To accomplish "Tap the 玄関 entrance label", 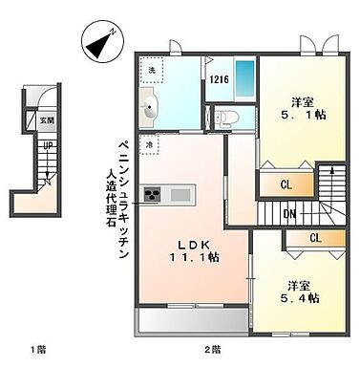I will (x=47, y=120).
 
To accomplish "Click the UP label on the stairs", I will (x=45, y=145).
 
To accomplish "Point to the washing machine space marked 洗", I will (x=151, y=70).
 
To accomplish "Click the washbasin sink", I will (x=150, y=109).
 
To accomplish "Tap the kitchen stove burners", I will (x=153, y=196).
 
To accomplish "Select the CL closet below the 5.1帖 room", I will (x=286, y=184).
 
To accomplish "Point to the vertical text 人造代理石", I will (x=110, y=197).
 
